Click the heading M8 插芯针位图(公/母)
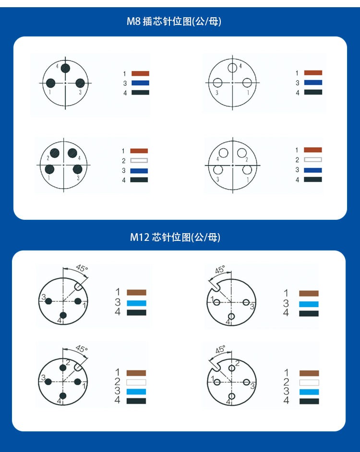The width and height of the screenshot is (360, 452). pos(174,21)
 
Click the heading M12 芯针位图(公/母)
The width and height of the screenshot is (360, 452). pos(175,237)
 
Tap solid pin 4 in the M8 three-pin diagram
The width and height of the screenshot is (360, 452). pos(65,68)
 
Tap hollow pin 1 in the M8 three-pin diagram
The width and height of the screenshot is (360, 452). pos(247,83)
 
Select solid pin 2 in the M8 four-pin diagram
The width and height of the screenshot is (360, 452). pos(55,153)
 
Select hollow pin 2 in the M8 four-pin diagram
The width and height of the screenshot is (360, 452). pos(242,153)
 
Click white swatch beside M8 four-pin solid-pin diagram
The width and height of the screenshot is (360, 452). pos(139,161)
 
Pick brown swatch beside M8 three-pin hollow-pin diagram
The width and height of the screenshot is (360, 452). pos(313,72)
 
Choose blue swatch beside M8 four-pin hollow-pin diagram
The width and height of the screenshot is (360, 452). pos(313,170)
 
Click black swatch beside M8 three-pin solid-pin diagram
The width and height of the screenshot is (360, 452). pos(141,93)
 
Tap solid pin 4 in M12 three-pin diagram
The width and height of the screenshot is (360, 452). pos(63,315)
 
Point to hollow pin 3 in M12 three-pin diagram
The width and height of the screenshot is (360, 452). pos(246,302)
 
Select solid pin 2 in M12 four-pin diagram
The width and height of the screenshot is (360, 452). pos(63,368)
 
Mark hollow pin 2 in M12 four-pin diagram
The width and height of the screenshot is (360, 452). pos(232,368)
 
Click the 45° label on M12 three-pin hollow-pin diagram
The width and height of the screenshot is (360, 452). pos(220,270)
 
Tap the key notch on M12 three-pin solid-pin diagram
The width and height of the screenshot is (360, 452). pos(78,286)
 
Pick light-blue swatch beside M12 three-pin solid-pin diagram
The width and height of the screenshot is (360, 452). pos(136,303)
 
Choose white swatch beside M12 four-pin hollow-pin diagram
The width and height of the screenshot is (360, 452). pos(309,382)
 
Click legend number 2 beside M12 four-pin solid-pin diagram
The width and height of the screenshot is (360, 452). pos(117,381)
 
